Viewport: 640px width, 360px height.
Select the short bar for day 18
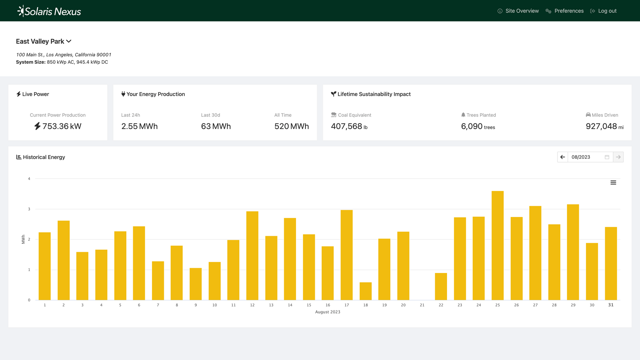pyautogui.click(x=365, y=291)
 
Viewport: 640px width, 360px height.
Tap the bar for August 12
pyautogui.click(x=252, y=256)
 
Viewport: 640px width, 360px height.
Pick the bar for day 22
pyautogui.click(x=441, y=286)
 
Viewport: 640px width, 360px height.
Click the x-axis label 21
pyautogui.click(x=422, y=305)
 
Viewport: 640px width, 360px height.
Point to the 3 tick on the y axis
pyautogui.click(x=29, y=209)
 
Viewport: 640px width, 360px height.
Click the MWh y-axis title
pyautogui.click(x=23, y=239)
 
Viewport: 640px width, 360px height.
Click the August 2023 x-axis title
pyautogui.click(x=327, y=312)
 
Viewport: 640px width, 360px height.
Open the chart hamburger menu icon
pyautogui.click(x=613, y=182)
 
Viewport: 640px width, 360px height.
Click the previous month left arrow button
pyautogui.click(x=563, y=157)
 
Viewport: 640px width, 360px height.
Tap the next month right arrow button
pyautogui.click(x=618, y=157)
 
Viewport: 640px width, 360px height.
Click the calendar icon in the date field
pyautogui.click(x=607, y=157)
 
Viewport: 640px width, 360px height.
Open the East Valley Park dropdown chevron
pyautogui.click(x=69, y=41)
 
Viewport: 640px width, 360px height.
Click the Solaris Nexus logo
pyautogui.click(x=49, y=11)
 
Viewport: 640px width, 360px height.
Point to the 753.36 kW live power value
pyautogui.click(x=62, y=126)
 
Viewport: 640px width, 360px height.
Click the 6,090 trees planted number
pyautogui.click(x=472, y=126)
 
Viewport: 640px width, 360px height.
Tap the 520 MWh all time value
pyautogui.click(x=292, y=126)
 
